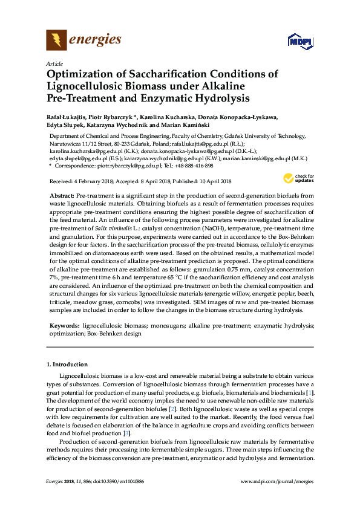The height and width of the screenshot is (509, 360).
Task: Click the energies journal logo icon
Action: [x=57, y=40]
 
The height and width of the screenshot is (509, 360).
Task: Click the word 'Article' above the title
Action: [x=53, y=63]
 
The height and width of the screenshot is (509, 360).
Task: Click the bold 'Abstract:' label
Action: [x=62, y=196]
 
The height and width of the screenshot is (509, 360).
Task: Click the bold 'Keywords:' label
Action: [x=64, y=325]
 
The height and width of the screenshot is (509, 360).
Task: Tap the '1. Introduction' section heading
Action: [x=67, y=365]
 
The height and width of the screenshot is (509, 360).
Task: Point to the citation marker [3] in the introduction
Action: [x=126, y=433]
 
